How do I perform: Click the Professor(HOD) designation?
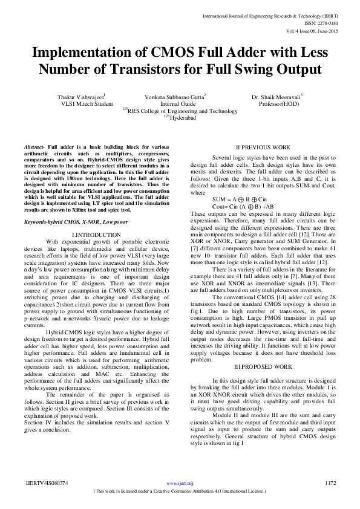point(277,104)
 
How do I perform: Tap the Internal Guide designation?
point(174,104)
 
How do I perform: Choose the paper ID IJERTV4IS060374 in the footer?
point(47,483)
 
